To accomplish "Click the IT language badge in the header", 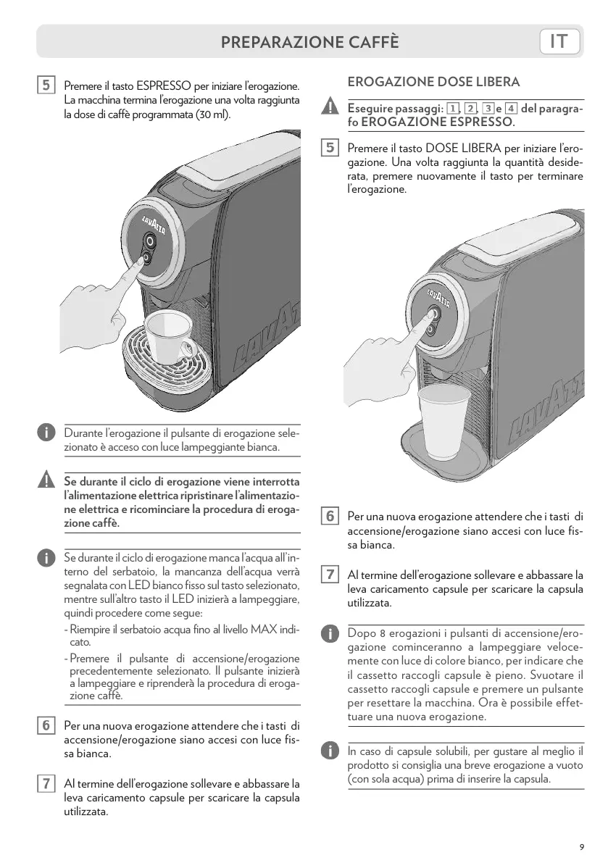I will (561, 42).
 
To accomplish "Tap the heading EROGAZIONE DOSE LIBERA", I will (434, 82).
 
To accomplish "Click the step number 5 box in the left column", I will (45, 86).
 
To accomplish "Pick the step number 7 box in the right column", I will (329, 575).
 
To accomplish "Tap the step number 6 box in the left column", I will (45, 725).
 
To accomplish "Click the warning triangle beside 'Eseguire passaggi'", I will (329, 108).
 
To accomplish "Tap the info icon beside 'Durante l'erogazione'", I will (45, 433).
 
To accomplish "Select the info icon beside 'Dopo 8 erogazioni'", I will (329, 633).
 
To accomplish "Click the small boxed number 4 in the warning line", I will (511, 108).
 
